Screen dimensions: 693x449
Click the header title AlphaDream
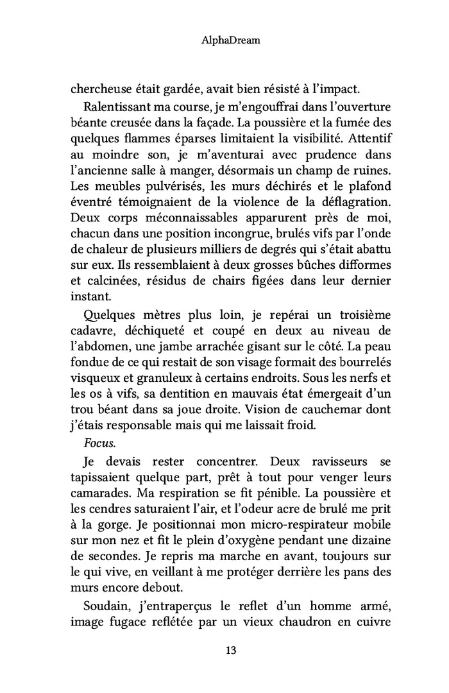pos(224,40)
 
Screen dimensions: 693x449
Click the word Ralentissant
pos(114,105)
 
